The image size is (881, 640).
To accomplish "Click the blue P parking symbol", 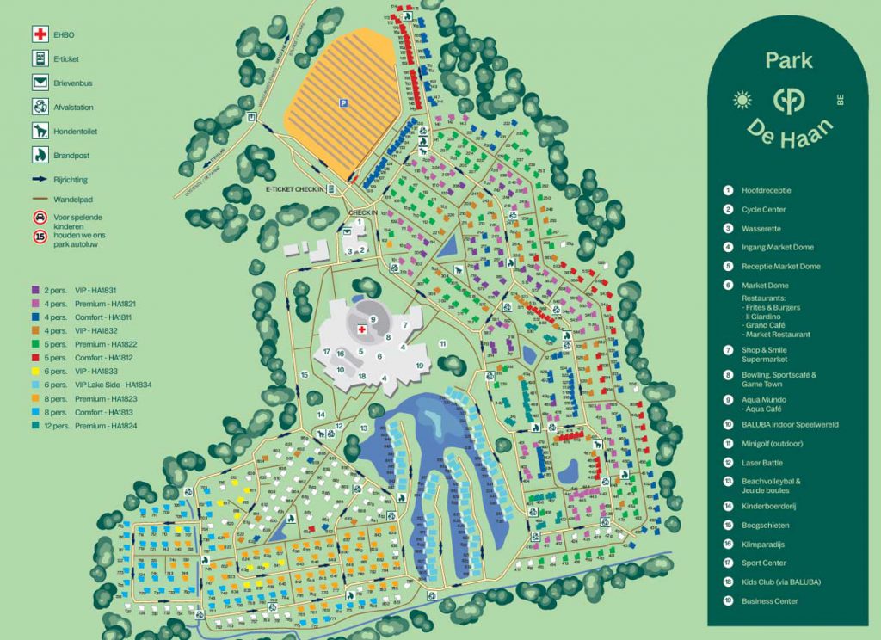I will tap(343, 103).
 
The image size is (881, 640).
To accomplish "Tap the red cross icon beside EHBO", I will tap(40, 34).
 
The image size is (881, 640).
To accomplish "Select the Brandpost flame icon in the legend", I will tap(40, 156).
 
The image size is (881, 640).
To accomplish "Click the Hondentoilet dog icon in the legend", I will tap(40, 132).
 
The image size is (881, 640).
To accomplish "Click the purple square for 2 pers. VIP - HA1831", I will tap(35, 290).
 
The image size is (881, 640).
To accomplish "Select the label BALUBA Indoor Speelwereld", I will tap(790, 424).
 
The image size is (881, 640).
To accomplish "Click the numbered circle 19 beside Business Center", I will tap(727, 601).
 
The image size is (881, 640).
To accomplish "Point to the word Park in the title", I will tap(789, 60).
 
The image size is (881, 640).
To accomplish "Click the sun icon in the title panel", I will tap(742, 99).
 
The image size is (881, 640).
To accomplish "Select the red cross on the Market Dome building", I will tap(361, 328).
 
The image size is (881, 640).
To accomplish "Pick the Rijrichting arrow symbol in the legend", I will tap(40, 180).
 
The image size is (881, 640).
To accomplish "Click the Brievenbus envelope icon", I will tap(40, 83).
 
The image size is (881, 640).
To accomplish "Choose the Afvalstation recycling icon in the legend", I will tap(40, 108).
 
